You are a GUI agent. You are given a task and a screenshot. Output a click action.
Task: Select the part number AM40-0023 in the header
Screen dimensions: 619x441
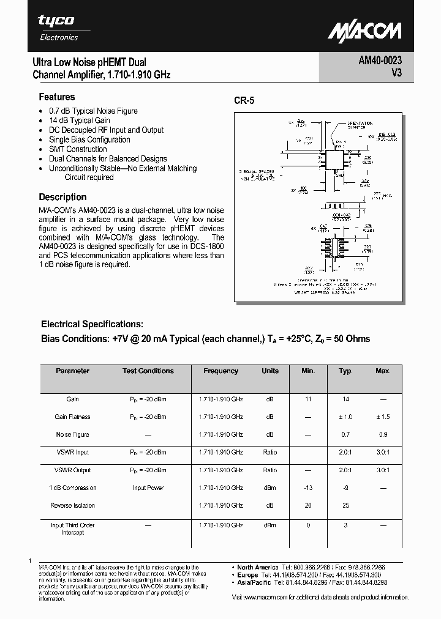click(x=380, y=62)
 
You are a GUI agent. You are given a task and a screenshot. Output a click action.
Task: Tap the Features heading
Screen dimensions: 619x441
click(x=57, y=97)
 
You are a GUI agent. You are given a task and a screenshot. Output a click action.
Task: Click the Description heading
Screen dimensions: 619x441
click(x=62, y=197)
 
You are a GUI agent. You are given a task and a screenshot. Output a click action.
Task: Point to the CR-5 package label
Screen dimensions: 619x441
click(x=244, y=101)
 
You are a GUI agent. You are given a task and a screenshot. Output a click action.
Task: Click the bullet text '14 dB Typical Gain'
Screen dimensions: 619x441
click(x=80, y=120)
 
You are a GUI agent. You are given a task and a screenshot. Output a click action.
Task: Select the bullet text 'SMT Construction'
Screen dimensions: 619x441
click(x=78, y=149)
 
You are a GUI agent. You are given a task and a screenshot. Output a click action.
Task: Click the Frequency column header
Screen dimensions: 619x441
click(x=221, y=371)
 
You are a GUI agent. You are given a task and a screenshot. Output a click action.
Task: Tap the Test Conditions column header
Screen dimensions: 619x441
click(x=148, y=371)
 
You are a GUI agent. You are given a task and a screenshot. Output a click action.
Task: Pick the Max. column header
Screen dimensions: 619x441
click(x=383, y=371)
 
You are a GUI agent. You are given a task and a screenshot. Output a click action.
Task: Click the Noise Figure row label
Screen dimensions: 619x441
click(x=73, y=435)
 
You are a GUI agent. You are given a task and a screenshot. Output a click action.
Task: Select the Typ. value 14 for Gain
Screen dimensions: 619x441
click(x=346, y=399)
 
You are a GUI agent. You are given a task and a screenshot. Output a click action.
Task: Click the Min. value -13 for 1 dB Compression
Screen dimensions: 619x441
click(x=308, y=488)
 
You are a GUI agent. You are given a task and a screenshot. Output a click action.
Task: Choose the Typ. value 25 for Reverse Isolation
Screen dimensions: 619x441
click(x=346, y=506)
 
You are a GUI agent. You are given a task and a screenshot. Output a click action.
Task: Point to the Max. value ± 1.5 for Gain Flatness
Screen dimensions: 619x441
click(x=383, y=417)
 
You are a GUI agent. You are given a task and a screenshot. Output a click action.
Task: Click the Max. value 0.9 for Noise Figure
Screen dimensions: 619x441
click(x=383, y=435)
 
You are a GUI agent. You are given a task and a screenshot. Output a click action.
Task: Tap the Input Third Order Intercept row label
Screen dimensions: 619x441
click(x=73, y=529)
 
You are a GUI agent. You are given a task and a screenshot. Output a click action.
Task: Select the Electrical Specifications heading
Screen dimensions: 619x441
click(x=92, y=324)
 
